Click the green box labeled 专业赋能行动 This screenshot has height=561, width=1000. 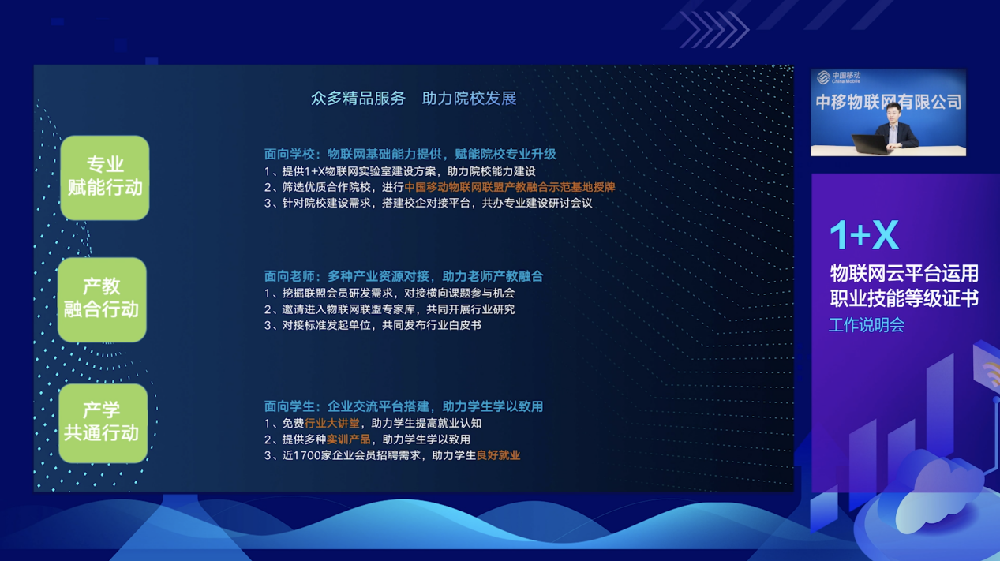point(105,178)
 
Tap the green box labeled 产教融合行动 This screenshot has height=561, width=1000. point(103,300)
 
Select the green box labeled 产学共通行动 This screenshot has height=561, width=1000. point(103,423)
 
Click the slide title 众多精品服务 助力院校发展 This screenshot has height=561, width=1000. point(414,98)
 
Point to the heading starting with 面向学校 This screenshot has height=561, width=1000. point(410,155)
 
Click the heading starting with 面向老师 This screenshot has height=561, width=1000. point(403,276)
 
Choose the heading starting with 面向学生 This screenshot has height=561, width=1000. point(403,406)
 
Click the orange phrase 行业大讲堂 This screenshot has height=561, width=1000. point(331,423)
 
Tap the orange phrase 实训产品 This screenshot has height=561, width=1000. point(348,439)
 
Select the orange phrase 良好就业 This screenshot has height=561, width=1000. point(498,455)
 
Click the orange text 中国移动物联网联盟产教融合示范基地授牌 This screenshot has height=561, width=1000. point(510,187)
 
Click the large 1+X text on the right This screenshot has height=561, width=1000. point(864,235)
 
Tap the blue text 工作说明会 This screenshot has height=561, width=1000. point(867,325)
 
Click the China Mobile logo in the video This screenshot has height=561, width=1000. point(838,77)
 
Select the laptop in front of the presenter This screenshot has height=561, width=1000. point(870,144)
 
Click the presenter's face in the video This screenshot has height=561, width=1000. point(893,111)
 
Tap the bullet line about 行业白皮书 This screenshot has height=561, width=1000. point(373,325)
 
